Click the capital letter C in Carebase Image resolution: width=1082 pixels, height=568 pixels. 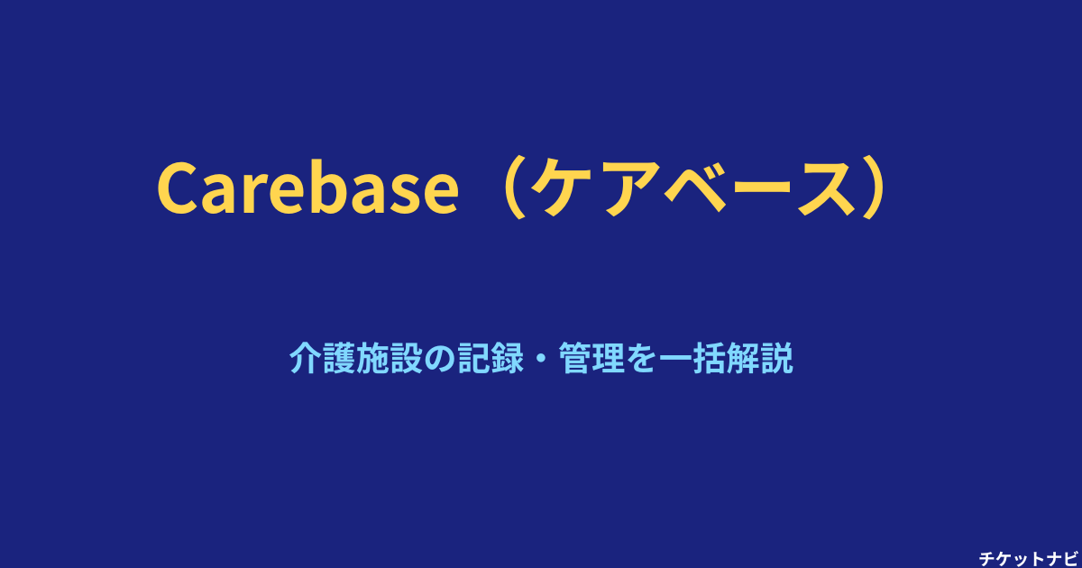[x=179, y=188]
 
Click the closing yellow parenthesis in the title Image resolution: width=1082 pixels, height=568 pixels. [x=876, y=187]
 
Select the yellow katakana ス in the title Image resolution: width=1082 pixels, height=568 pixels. [x=827, y=188]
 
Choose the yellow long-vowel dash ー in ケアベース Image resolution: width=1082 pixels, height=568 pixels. [x=761, y=188]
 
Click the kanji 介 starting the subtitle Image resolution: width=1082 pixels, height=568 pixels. [x=306, y=358]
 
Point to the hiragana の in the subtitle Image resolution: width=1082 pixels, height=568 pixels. [x=440, y=359]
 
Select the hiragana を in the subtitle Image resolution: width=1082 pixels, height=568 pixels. [x=641, y=359]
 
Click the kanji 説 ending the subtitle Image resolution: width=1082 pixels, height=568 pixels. [x=776, y=358]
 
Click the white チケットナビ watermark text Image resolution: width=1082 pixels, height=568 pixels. [x=1029, y=559]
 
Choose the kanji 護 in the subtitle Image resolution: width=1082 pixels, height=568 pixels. [x=339, y=358]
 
